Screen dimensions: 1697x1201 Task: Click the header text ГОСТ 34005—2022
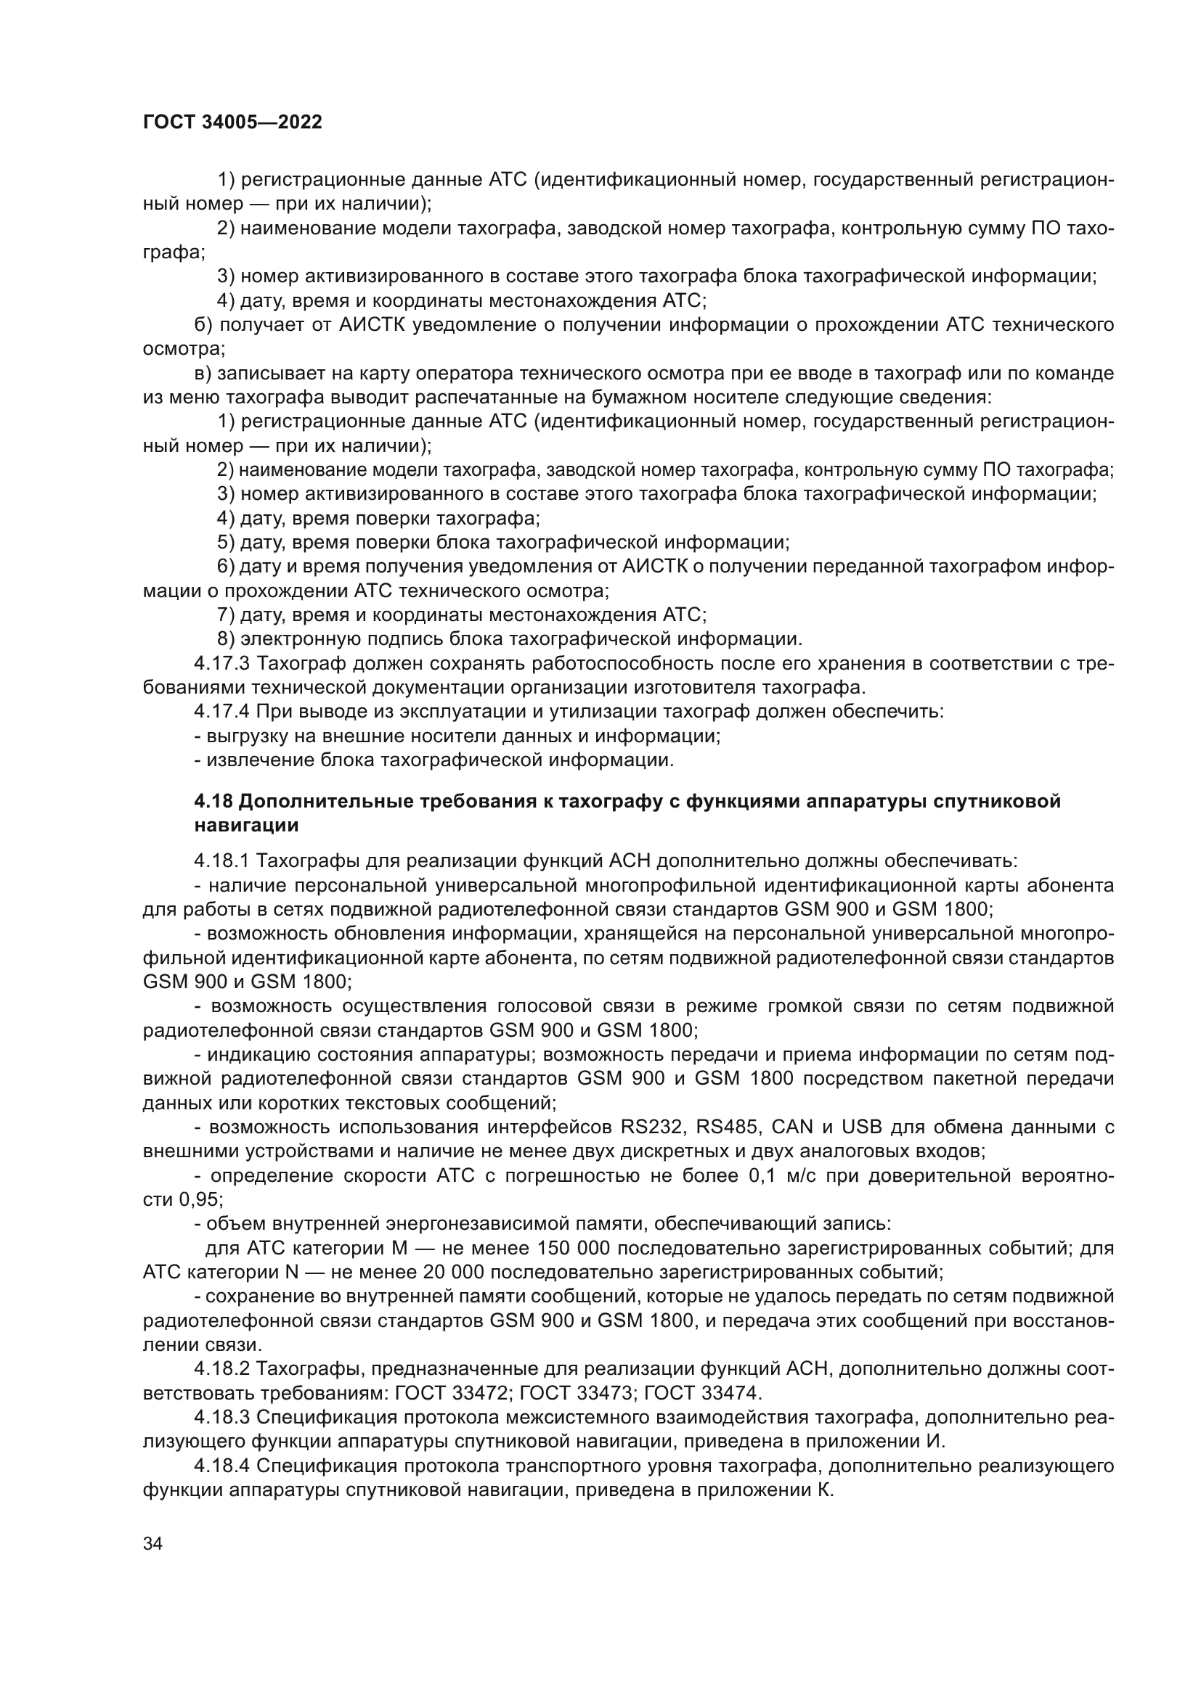click(232, 123)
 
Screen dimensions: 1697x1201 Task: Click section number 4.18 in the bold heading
click(214, 801)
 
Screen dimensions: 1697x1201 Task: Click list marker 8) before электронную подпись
click(227, 638)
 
